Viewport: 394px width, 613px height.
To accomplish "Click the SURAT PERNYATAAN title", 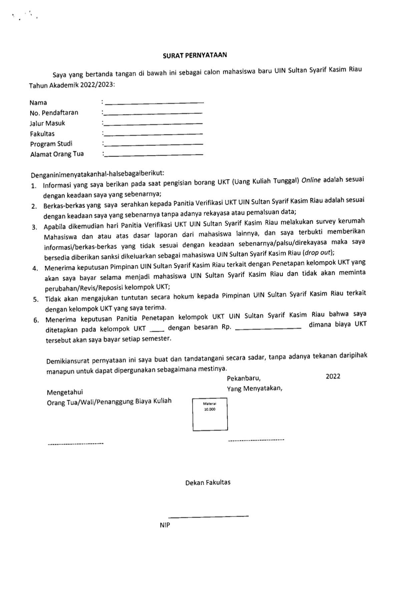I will tap(194, 55).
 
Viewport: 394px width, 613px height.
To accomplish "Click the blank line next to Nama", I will tap(154, 103).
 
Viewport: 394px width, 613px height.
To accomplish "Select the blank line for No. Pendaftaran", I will tap(153, 114).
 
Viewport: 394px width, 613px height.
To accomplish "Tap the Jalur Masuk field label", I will tap(47, 123).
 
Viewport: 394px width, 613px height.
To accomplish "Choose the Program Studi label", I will tap(51, 144).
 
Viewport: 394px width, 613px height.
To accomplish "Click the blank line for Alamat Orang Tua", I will tap(153, 155).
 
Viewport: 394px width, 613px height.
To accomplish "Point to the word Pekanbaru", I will tap(244, 378).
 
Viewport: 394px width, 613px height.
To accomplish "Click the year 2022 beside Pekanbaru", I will tap(333, 376).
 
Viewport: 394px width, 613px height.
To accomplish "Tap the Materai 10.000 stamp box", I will tap(210, 414).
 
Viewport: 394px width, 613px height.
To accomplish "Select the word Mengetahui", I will tap(65, 392).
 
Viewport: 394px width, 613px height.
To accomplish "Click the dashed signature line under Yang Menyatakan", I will tap(256, 440).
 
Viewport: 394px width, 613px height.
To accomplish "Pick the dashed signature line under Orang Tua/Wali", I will tap(75, 444).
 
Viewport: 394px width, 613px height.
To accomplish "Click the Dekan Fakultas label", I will tap(208, 482).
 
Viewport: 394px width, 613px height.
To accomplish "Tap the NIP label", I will tap(165, 525).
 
